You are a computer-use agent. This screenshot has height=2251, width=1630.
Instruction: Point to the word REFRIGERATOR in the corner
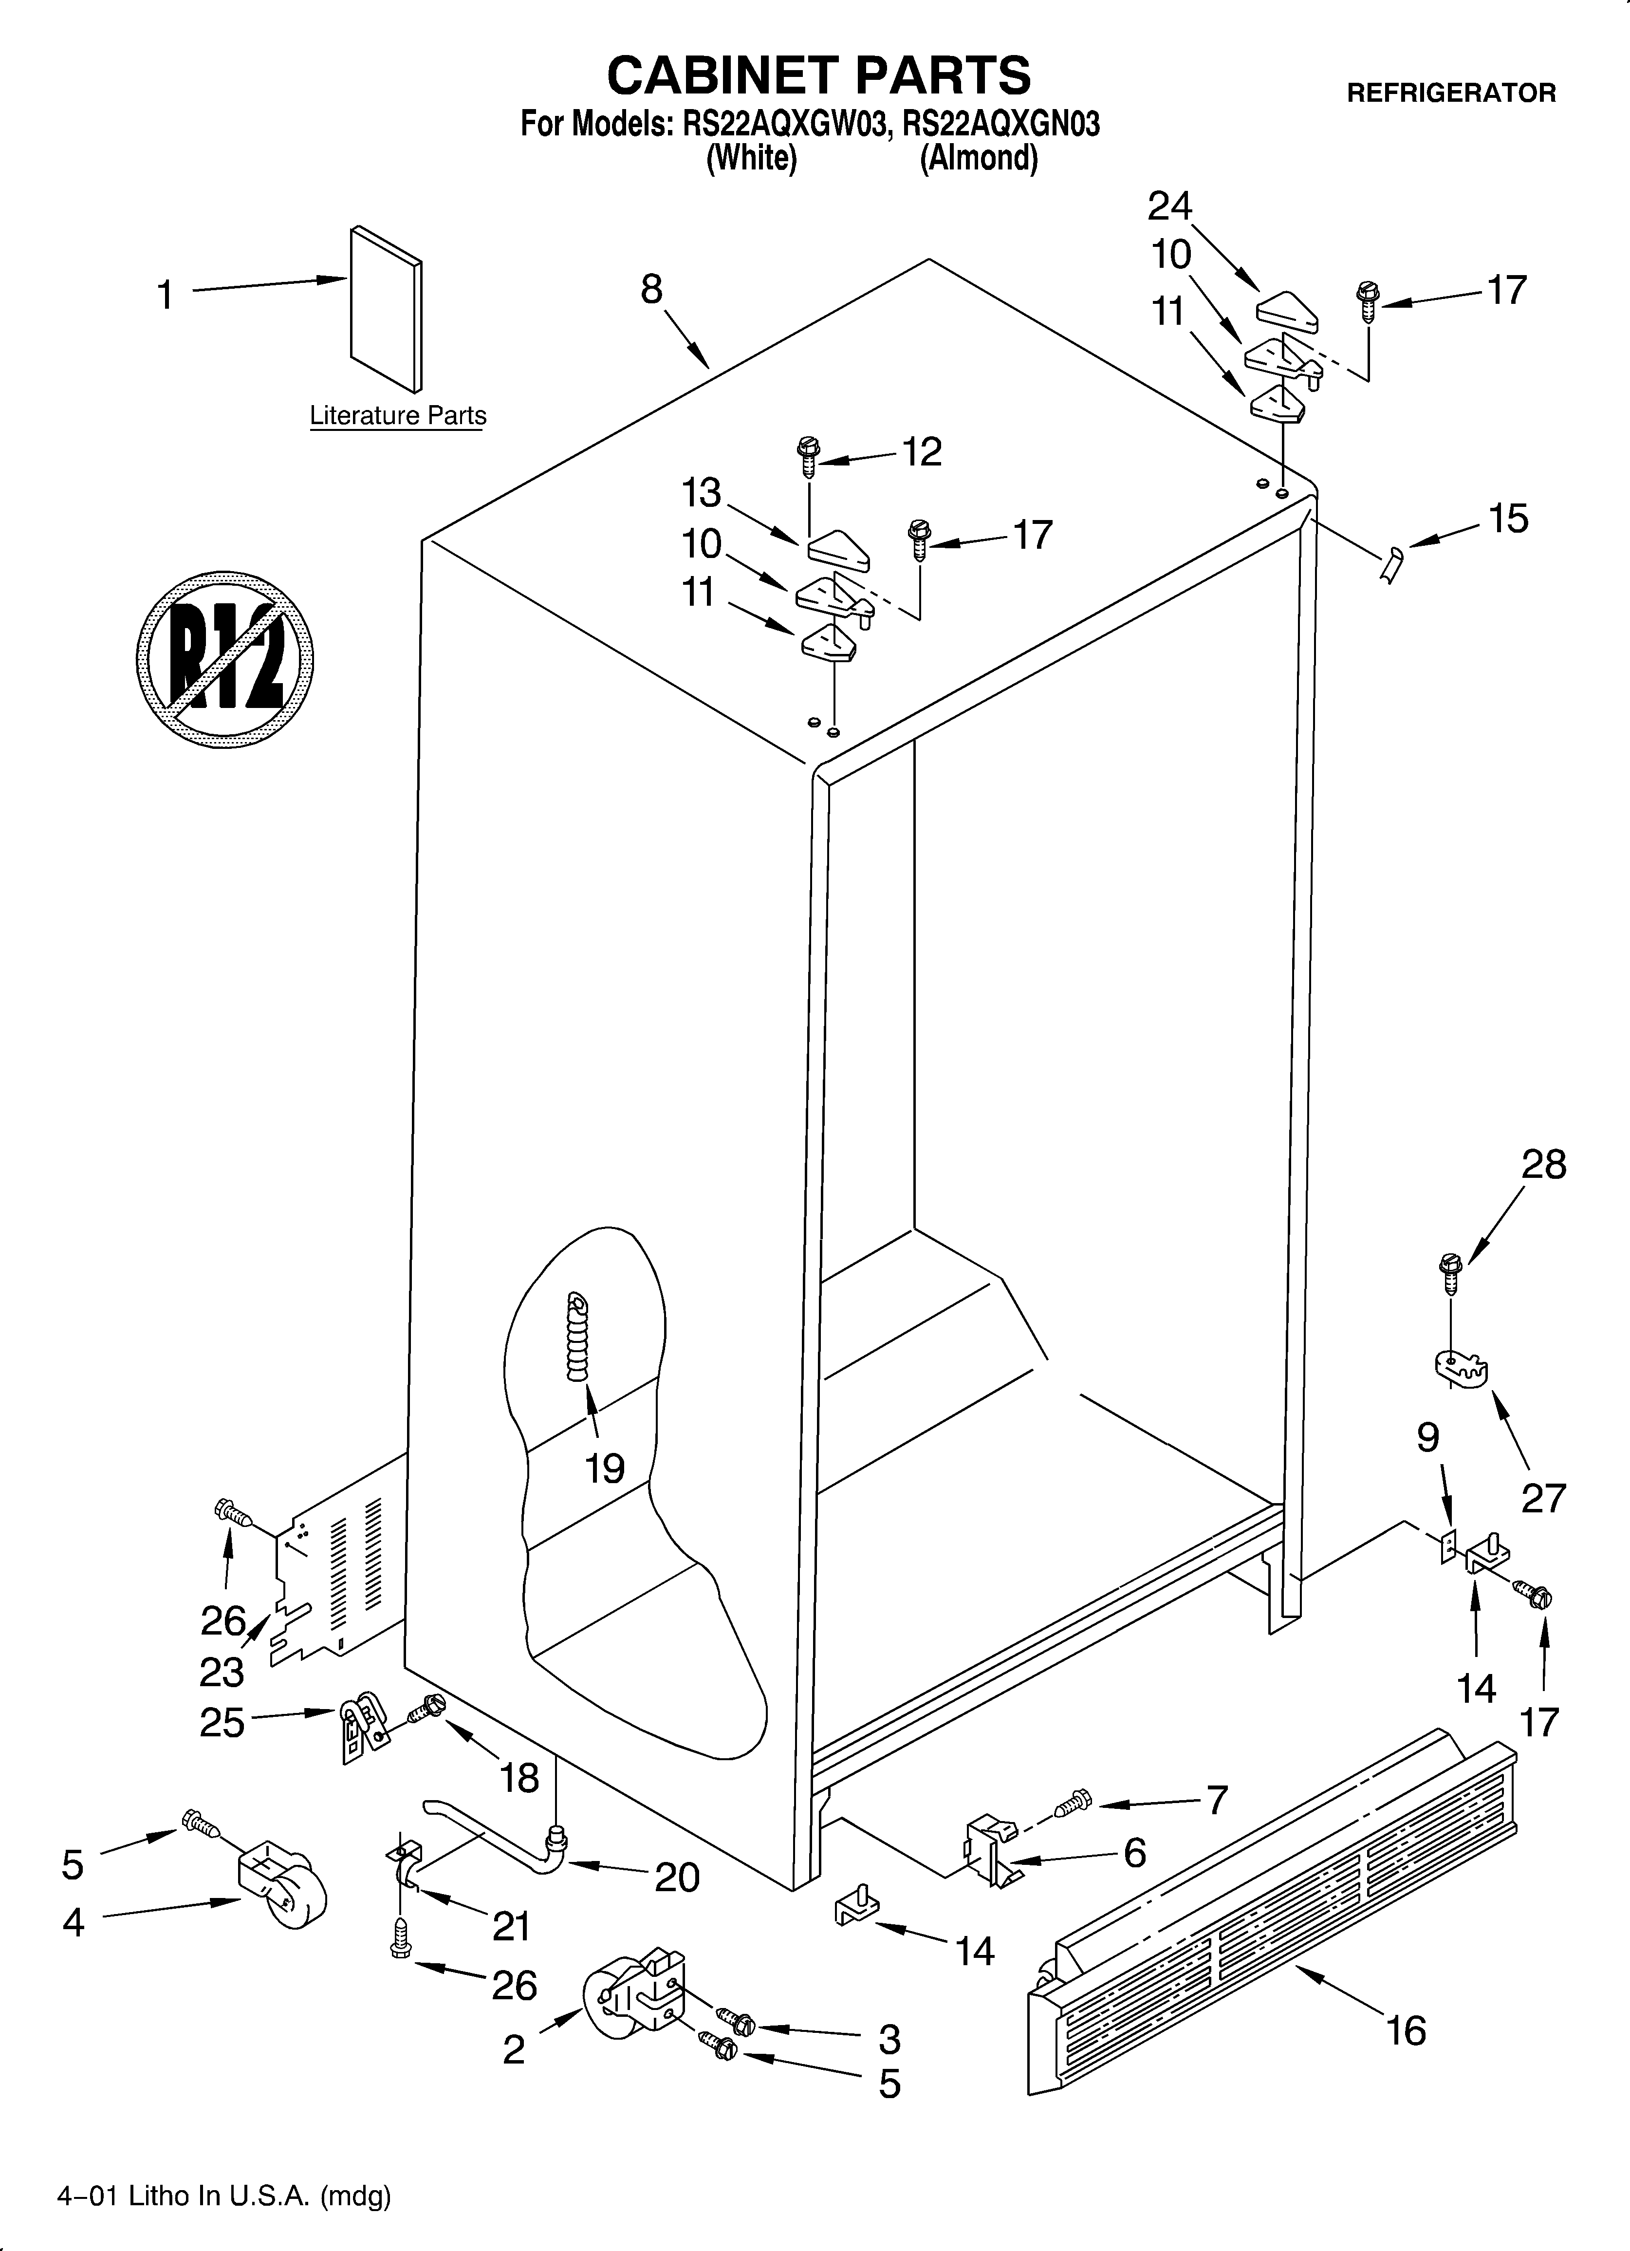[1450, 93]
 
